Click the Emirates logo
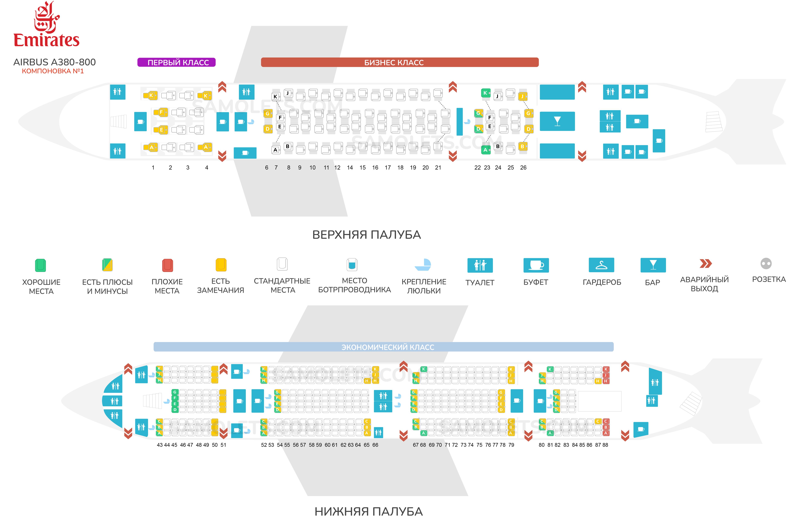click(46, 25)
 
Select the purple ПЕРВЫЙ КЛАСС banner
click(177, 62)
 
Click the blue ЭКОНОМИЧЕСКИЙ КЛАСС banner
click(383, 347)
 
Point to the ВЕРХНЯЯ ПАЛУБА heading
click(366, 235)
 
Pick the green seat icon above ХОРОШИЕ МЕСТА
click(40, 265)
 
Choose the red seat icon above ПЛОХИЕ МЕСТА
click(167, 265)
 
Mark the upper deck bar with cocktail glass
click(557, 121)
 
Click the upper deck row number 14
click(350, 168)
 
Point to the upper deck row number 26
click(523, 168)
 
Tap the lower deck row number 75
click(479, 445)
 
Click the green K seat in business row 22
click(485, 93)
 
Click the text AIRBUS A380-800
click(54, 62)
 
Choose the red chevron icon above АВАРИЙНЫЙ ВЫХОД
click(705, 264)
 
